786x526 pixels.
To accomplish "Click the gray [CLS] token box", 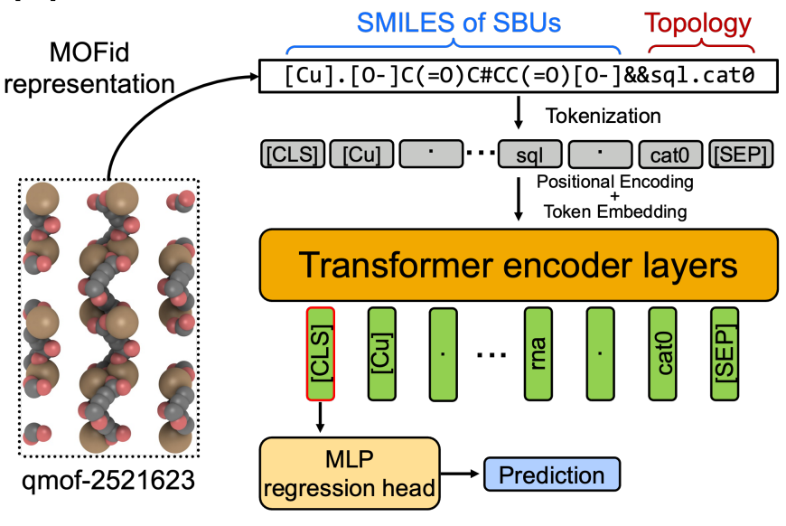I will click(x=292, y=155).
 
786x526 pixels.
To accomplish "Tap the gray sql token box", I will click(x=533, y=155).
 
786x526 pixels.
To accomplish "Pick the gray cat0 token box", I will click(x=669, y=155).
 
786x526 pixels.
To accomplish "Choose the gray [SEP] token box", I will click(x=742, y=155).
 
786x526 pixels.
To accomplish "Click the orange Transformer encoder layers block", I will click(x=519, y=264).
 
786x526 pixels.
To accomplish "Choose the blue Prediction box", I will click(x=552, y=474).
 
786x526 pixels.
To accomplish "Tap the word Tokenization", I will click(x=604, y=116).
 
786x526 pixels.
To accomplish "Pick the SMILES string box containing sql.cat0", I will click(x=518, y=76).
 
